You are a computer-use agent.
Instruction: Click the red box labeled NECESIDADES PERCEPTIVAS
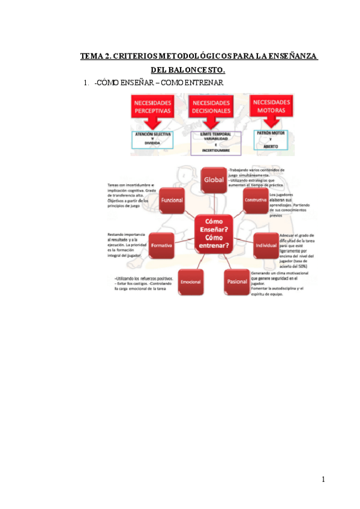[152, 109]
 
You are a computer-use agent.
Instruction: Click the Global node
[214, 179]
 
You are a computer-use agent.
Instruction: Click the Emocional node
[190, 280]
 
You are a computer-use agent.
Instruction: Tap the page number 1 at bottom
[323, 480]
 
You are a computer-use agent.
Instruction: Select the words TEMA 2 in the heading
[95, 56]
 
